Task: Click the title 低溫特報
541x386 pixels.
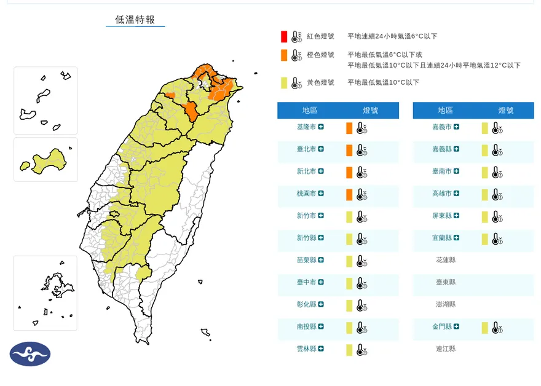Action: pyautogui.click(x=135, y=20)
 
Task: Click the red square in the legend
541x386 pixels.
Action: pyautogui.click(x=283, y=36)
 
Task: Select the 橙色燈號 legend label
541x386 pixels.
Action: pyautogui.click(x=320, y=55)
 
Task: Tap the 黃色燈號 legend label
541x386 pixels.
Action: pyautogui.click(x=320, y=82)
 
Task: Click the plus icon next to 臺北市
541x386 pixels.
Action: pyautogui.click(x=321, y=149)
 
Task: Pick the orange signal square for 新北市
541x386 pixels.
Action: pyautogui.click(x=349, y=172)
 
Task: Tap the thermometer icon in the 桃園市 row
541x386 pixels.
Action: pyautogui.click(x=361, y=195)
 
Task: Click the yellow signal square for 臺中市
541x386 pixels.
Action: pyautogui.click(x=349, y=283)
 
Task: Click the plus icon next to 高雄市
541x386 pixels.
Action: pyautogui.click(x=457, y=194)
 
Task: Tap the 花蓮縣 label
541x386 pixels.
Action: pyautogui.click(x=444, y=260)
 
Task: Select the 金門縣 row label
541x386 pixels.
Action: pyautogui.click(x=442, y=326)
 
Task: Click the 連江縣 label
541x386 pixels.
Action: pyautogui.click(x=444, y=349)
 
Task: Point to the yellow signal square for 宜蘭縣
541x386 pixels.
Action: pyautogui.click(x=484, y=238)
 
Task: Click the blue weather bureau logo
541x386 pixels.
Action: pyautogui.click(x=30, y=354)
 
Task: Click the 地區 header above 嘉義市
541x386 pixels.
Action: pyautogui.click(x=445, y=111)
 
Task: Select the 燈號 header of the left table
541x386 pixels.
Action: pyautogui.click(x=370, y=111)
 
